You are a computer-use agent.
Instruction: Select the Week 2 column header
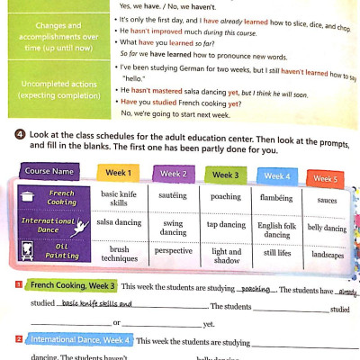coord(174,174)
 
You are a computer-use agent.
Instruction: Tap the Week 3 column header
coord(225,175)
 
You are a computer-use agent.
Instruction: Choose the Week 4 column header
coord(275,176)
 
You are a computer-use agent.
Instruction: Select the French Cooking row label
coord(62,198)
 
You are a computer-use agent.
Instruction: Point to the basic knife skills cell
coord(119,199)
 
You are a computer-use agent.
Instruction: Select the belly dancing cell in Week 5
coord(327,229)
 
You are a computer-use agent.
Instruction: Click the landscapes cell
coord(327,256)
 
